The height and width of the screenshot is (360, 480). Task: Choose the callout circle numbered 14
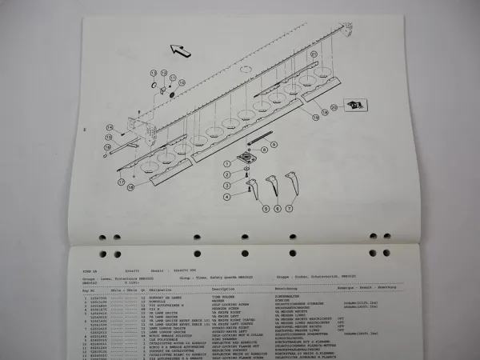point(109,127)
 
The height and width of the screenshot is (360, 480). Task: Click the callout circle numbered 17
point(122,181)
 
